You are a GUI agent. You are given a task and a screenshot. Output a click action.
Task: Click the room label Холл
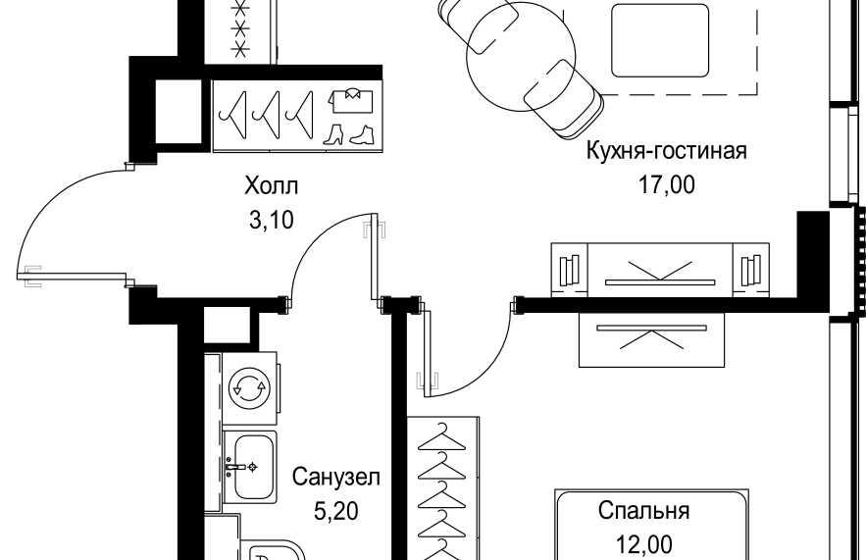[x=272, y=185]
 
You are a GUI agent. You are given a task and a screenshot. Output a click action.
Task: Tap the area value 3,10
[x=272, y=221]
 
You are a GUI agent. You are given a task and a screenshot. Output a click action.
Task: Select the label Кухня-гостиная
[x=666, y=151]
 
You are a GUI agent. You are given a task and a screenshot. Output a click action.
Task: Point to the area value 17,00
[x=667, y=184]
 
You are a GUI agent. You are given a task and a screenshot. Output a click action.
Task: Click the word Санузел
[x=335, y=477]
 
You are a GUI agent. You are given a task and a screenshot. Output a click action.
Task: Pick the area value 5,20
[x=335, y=511]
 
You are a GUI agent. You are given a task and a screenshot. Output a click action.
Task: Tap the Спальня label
[x=643, y=511]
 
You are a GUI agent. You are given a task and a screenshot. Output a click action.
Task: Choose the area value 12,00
[x=644, y=545]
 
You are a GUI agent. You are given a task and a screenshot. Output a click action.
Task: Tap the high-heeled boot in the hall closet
[x=333, y=135]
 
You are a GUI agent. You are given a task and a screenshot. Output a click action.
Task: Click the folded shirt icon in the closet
[x=351, y=101]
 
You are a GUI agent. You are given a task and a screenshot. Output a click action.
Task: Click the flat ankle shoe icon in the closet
[x=362, y=136]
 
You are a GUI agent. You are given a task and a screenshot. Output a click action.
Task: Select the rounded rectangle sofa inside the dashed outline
[x=659, y=40]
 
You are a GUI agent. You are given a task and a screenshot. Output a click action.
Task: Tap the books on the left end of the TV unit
[x=569, y=271]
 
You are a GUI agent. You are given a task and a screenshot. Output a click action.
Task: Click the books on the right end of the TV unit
[x=750, y=271]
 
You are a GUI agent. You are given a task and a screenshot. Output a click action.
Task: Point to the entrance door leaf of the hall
[x=73, y=276]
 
